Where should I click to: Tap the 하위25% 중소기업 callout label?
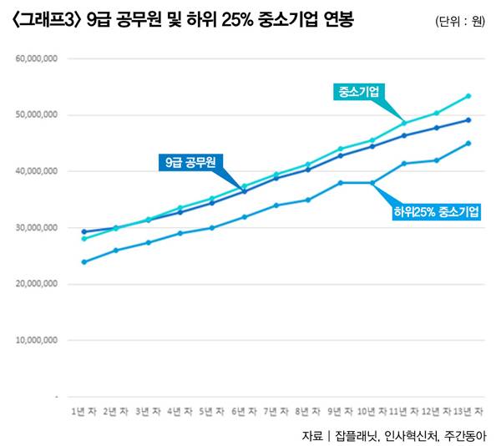436,212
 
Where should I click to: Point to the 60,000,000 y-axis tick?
36,59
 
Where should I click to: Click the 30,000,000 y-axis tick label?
36,227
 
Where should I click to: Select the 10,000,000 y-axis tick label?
36,341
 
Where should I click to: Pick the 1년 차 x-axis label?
83,412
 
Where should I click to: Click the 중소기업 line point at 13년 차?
468,96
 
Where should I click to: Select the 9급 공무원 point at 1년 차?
84,231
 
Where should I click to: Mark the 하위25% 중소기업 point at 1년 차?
84,261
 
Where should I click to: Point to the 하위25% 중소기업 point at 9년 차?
341,183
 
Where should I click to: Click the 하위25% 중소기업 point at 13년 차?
468,143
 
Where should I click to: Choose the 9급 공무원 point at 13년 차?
468,120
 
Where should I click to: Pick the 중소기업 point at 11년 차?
404,124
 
